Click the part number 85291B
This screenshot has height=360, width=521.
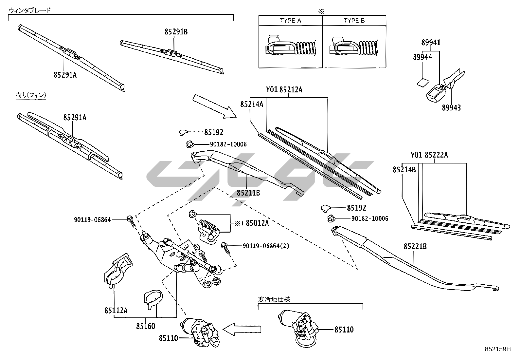pos(176,32)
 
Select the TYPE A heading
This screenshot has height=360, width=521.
pos(290,21)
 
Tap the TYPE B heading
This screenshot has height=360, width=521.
pos(354,21)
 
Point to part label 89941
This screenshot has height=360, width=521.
pos(431,42)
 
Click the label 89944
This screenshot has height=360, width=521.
pos(422,57)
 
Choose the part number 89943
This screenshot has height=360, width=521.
pos(451,108)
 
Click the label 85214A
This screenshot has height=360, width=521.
pos(252,104)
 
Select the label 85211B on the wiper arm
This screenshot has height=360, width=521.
pos(248,193)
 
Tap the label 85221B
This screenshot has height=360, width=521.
pos(415,246)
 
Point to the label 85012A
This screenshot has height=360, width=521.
pos(257,223)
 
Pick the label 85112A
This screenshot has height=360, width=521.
pos(116,310)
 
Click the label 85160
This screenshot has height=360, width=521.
pos(146,326)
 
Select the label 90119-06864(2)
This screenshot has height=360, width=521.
pos(266,246)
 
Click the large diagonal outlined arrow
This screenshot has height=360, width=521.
pos(214,106)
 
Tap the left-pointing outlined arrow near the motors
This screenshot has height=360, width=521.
pos(242,329)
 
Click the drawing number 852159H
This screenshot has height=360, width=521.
pos(497,349)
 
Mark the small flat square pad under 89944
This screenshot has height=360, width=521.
pos(423,82)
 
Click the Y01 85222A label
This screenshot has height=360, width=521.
pos(429,155)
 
